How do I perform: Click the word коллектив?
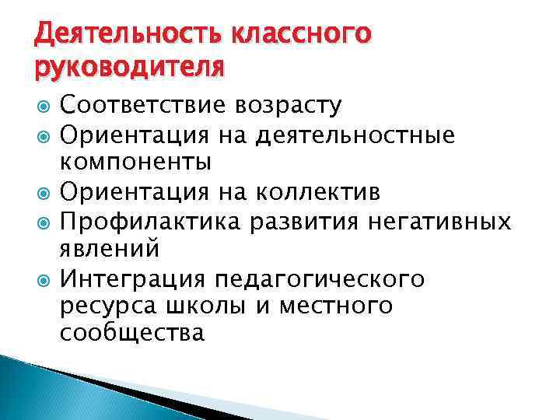tap(334, 192)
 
